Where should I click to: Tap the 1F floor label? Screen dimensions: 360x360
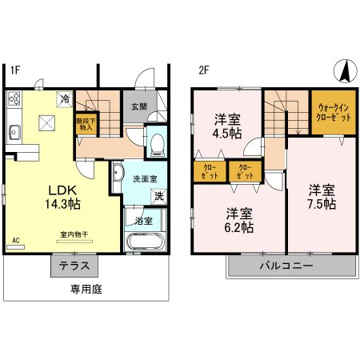click(15, 70)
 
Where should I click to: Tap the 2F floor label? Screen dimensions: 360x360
click(204, 70)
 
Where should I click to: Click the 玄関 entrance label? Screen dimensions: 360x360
click(134, 106)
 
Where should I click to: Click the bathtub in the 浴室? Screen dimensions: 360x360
click(145, 242)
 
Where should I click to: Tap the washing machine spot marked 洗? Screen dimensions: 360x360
click(158, 195)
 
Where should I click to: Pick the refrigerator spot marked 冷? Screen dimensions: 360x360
click(63, 100)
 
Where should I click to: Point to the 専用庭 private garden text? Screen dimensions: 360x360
click(86, 289)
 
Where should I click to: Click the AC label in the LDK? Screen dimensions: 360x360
click(16, 239)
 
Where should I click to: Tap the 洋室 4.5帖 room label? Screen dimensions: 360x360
click(228, 126)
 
